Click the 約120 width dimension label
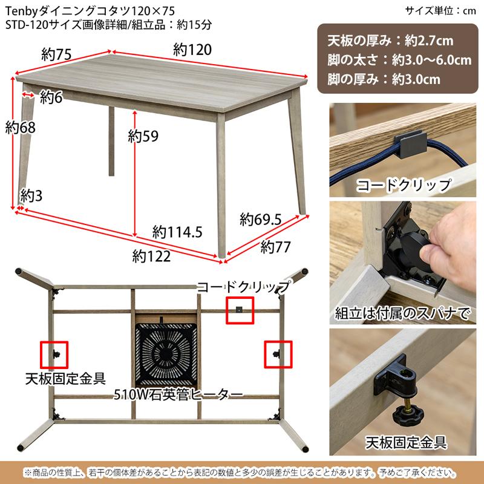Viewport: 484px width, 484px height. (192, 50)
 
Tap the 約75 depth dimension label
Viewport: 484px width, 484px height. (57, 54)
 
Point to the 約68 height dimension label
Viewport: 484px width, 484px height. (20, 128)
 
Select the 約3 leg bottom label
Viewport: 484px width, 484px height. (31, 195)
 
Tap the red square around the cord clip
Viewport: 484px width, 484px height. (240, 310)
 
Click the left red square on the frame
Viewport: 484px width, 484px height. (54, 355)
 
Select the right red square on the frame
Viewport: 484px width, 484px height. (278, 354)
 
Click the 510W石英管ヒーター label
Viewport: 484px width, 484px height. (178, 394)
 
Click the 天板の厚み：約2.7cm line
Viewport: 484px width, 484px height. (390, 42)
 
